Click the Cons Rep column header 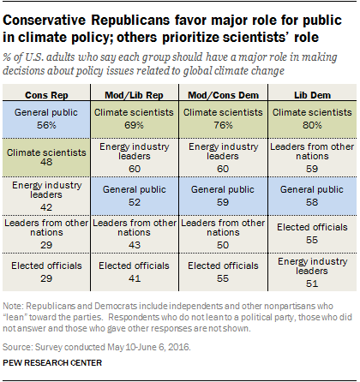point(46,95)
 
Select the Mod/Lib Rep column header point(134,95)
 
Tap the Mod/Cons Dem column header point(223,95)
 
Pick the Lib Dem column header point(312,95)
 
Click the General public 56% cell point(46,119)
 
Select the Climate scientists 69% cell point(134,119)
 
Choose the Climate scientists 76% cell point(223,119)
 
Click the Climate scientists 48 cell point(46,158)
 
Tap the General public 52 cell point(134,196)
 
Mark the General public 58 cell point(312,196)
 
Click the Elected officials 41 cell point(134,272)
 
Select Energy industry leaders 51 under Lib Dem point(312,272)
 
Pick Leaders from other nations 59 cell point(312,158)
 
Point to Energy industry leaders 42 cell point(46,196)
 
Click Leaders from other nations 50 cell point(223,234)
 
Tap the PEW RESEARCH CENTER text point(52,363)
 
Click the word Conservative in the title point(45,21)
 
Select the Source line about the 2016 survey point(97,347)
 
